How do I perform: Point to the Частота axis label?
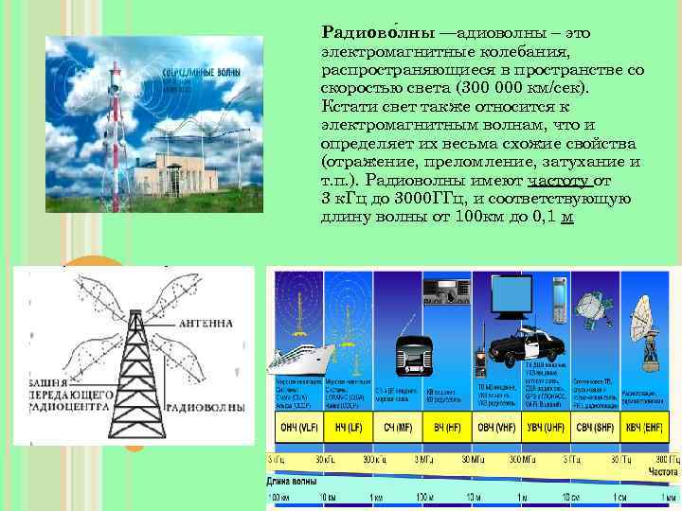(663, 471)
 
